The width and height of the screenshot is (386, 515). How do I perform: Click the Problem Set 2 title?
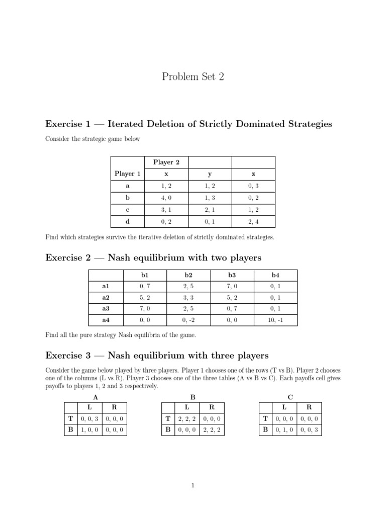[x=192, y=76]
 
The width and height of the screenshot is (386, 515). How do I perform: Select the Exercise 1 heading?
[x=188, y=124]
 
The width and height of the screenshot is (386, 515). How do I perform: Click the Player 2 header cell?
[x=166, y=162]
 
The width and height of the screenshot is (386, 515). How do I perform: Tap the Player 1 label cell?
[x=127, y=174]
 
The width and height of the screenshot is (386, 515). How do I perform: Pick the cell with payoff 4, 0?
[x=166, y=198]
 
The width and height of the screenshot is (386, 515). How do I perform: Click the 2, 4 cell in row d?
[x=253, y=221]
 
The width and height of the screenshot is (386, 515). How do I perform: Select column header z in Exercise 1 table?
[x=253, y=174]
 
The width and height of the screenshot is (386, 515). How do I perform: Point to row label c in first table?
[x=127, y=210]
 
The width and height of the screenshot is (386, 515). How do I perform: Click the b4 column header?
[x=275, y=275]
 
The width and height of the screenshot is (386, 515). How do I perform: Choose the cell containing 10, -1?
[x=275, y=319]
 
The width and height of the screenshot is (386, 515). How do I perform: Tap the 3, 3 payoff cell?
[x=188, y=297]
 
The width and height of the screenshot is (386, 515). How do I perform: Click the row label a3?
[x=106, y=308]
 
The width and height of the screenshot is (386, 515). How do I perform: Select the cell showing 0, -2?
[x=188, y=319]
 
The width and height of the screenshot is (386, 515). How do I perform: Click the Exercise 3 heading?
[x=157, y=356]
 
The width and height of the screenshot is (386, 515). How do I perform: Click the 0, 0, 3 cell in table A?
[x=89, y=418]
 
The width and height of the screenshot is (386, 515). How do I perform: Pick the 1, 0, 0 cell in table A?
[x=89, y=430]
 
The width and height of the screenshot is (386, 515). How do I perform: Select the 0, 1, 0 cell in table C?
[x=284, y=430]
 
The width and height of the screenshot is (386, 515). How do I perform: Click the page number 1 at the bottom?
[x=192, y=485]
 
